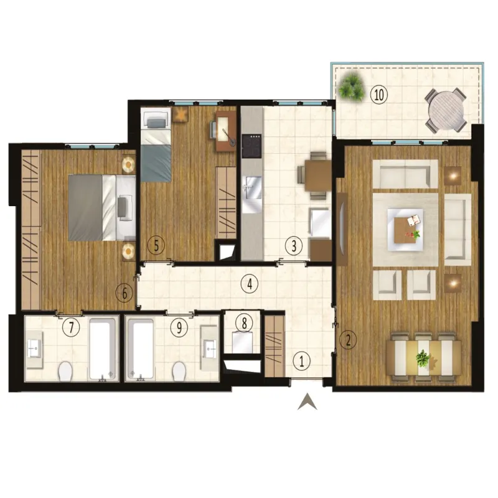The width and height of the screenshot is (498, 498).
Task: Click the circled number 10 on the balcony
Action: click(x=379, y=95)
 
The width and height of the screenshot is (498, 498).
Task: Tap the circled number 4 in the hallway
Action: click(x=250, y=284)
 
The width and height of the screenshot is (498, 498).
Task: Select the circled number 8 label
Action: click(x=244, y=324)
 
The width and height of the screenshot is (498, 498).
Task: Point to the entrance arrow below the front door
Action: click(x=307, y=402)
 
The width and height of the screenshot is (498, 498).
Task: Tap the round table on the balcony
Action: click(x=446, y=110)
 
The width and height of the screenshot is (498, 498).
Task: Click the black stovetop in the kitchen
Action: click(x=251, y=146)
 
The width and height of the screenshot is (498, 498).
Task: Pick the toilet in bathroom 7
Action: click(x=66, y=371)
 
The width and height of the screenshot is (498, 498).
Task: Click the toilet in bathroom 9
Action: click(x=179, y=371)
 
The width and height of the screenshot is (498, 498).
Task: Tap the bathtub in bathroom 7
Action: click(x=102, y=349)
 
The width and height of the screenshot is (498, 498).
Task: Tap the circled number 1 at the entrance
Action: click(x=301, y=362)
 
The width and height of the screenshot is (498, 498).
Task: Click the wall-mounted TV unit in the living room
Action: click(x=342, y=229)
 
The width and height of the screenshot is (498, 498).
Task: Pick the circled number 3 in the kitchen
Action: click(x=293, y=245)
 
